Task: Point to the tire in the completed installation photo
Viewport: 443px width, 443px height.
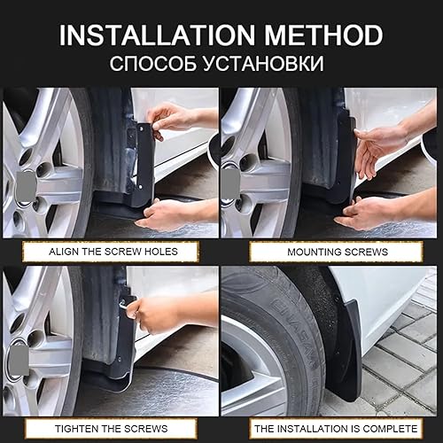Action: pyautogui.click(x=266, y=346)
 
